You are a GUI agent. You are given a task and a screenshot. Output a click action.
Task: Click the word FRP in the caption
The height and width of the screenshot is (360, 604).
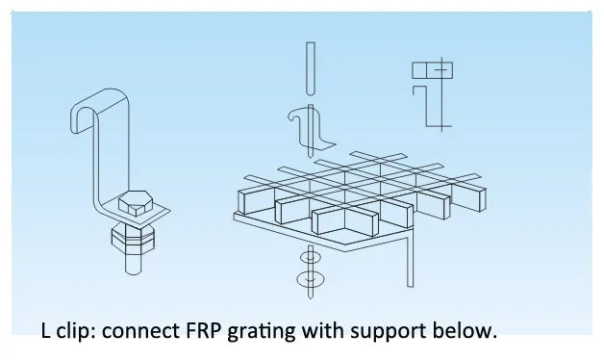204,330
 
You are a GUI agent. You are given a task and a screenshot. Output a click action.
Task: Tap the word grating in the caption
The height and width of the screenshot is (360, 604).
262,332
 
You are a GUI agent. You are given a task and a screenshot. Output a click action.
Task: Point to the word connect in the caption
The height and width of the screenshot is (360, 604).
141,331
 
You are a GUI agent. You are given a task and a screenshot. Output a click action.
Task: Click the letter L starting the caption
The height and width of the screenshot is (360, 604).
45,330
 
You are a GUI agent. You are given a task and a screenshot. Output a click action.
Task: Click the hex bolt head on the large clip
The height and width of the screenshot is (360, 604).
136,203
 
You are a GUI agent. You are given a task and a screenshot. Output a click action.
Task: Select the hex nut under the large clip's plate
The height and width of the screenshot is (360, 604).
133,238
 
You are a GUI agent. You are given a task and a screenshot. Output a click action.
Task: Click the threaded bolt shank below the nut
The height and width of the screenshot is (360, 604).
134,263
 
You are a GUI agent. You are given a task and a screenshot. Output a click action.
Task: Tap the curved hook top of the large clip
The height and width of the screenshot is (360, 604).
99,106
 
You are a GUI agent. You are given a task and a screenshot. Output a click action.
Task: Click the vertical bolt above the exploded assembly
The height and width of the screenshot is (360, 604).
311,68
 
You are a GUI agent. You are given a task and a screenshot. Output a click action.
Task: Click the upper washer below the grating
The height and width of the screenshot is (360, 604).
311,257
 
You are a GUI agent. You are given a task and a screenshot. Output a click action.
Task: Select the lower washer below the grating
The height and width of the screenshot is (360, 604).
311,279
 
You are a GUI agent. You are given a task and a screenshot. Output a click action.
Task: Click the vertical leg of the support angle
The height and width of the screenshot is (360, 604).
411,262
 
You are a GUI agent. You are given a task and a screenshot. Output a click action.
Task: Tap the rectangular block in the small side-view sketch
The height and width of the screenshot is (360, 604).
432,70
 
